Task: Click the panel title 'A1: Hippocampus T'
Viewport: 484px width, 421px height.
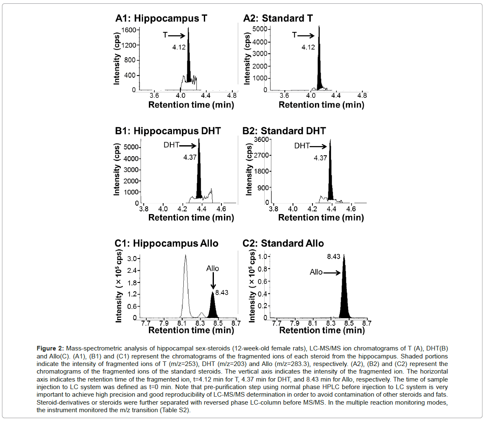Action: point(161,18)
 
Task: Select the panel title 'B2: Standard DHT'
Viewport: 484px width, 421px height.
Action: point(284,131)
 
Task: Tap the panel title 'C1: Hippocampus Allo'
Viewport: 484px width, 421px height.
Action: point(167,243)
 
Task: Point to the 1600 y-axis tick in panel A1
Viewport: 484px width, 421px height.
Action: point(129,30)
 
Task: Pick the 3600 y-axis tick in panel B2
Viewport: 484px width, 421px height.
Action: point(261,140)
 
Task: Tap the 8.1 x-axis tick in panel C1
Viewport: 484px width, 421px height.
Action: point(182,323)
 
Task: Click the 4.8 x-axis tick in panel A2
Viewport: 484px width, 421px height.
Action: point(362,95)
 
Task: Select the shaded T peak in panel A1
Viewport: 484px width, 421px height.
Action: point(189,55)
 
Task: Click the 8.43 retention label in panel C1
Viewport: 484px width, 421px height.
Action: point(221,293)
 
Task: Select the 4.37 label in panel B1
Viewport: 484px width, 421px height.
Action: point(190,157)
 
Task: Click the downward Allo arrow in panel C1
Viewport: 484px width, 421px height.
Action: point(213,281)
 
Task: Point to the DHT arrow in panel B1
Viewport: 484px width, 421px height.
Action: point(187,146)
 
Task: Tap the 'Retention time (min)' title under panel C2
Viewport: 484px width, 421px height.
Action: point(322,330)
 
